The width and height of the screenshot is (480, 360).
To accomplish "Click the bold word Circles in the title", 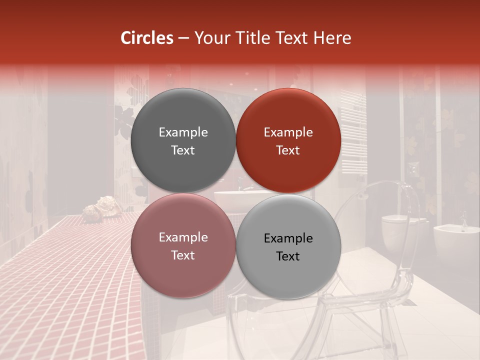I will tap(146, 38).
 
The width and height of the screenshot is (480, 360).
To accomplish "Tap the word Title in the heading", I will tap(249, 38).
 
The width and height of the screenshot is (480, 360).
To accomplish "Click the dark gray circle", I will tap(183, 140).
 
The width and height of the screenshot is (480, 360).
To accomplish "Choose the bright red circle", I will tap(288, 140).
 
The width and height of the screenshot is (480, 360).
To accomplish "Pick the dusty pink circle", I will tap(183, 245).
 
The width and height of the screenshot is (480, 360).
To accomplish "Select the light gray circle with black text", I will tap(288, 246).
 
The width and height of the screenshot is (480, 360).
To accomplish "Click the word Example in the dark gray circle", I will tap(183, 132).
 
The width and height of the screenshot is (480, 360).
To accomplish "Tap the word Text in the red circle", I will tap(288, 150).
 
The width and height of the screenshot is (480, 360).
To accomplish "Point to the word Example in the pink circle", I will tap(183, 237).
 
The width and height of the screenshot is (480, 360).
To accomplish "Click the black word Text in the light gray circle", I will tap(288, 256).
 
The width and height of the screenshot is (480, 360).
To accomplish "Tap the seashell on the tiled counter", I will tap(97, 209).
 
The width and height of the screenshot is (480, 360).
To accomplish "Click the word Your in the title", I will tap(211, 38).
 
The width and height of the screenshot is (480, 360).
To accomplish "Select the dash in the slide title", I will tap(183, 38).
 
